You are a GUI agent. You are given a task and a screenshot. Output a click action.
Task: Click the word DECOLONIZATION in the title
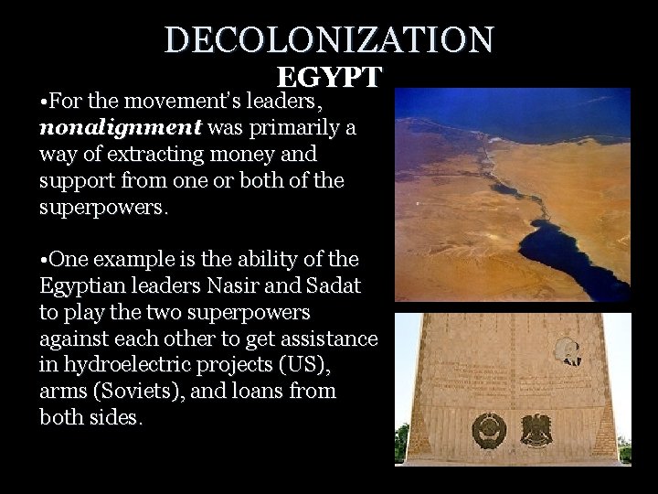tap(329, 39)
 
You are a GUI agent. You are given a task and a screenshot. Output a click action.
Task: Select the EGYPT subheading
tap(329, 77)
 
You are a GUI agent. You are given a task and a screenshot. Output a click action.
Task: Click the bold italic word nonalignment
tap(121, 127)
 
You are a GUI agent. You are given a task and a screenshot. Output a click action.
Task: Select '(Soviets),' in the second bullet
tap(144, 392)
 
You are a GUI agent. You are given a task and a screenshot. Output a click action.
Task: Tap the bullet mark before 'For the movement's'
tap(44, 101)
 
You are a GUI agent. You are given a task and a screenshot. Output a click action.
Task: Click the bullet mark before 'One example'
tap(44, 259)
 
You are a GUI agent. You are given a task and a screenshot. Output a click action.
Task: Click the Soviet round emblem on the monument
tap(488, 430)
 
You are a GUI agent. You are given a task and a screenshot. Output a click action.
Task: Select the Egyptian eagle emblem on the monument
tap(536, 430)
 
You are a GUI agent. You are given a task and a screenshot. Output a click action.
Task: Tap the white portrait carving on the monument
tap(567, 350)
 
